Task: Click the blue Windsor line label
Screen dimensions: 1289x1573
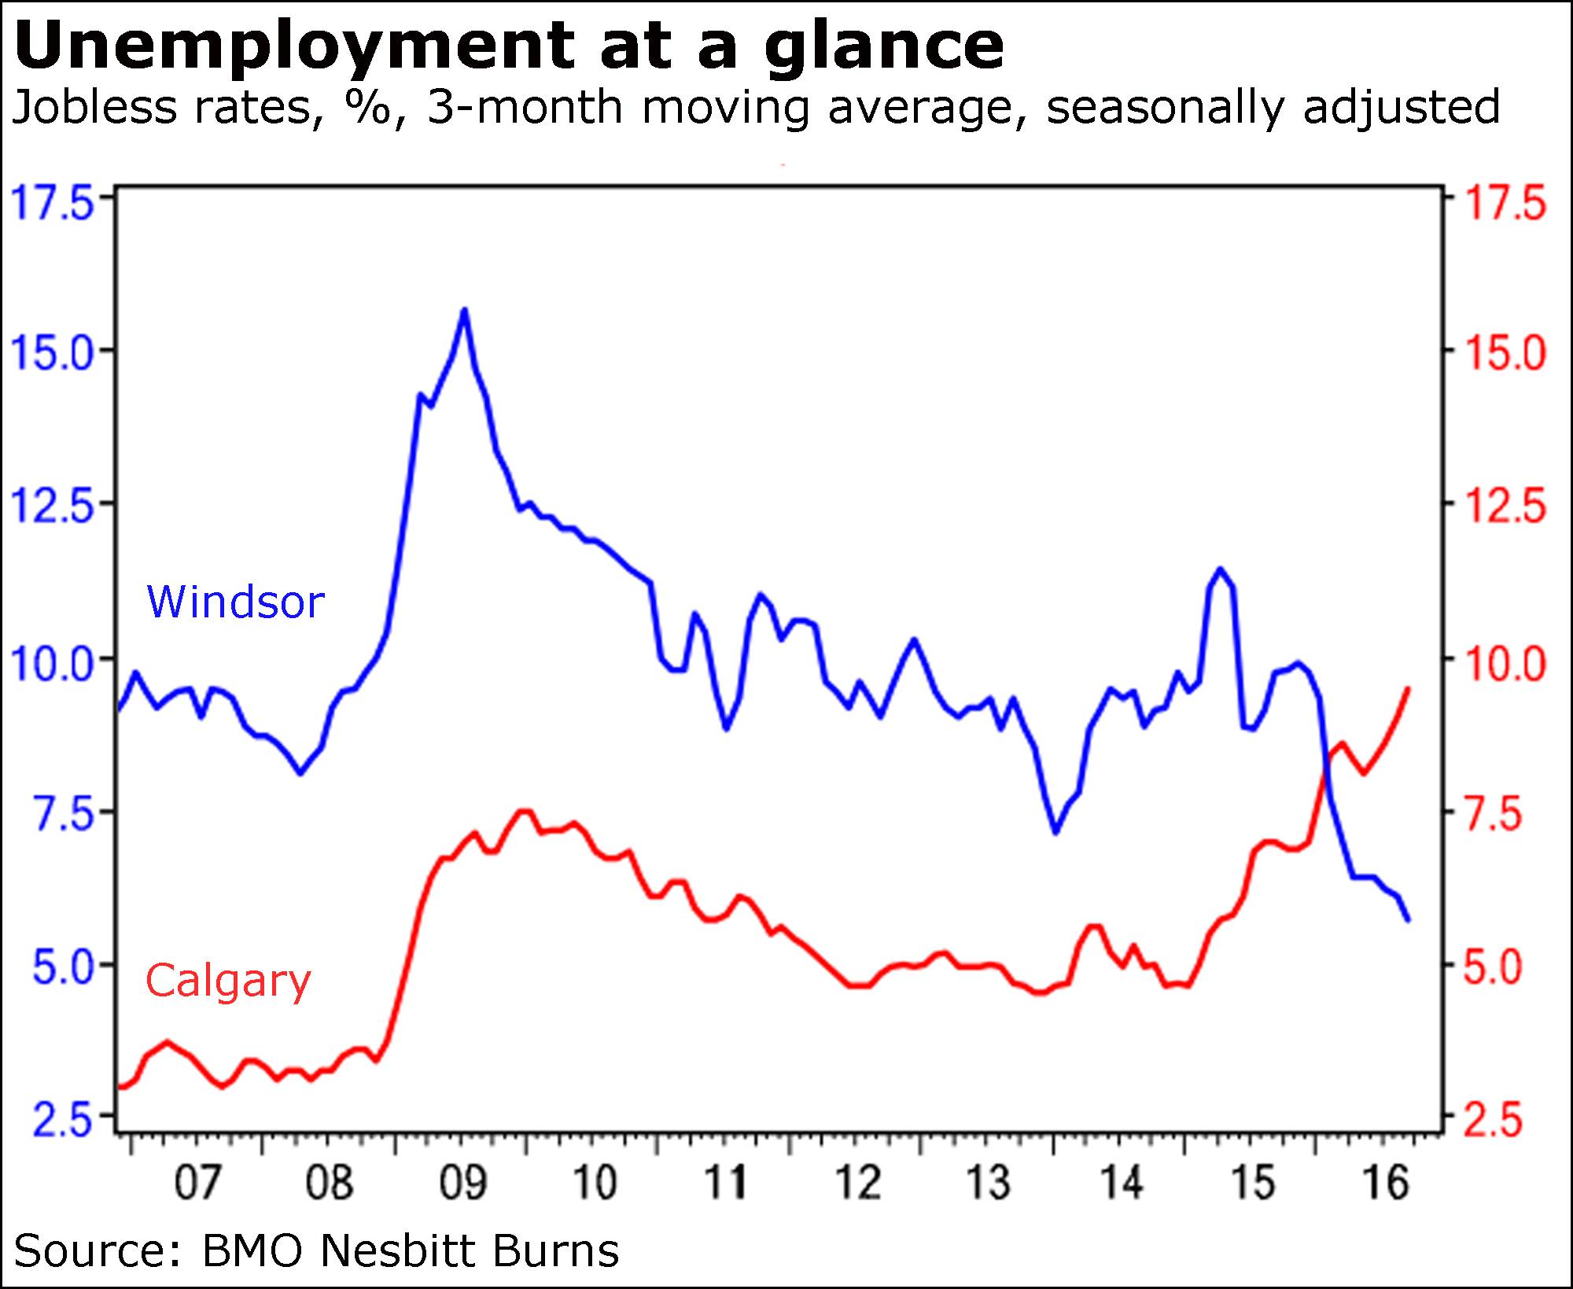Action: click(x=235, y=602)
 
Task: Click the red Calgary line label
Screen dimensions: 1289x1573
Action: click(x=228, y=981)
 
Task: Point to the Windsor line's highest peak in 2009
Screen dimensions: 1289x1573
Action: click(x=464, y=310)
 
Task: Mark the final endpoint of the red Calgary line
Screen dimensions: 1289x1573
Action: click(x=1407, y=689)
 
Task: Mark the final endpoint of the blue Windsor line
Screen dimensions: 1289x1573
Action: click(x=1407, y=919)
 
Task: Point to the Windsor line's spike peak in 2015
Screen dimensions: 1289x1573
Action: click(x=1220, y=569)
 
